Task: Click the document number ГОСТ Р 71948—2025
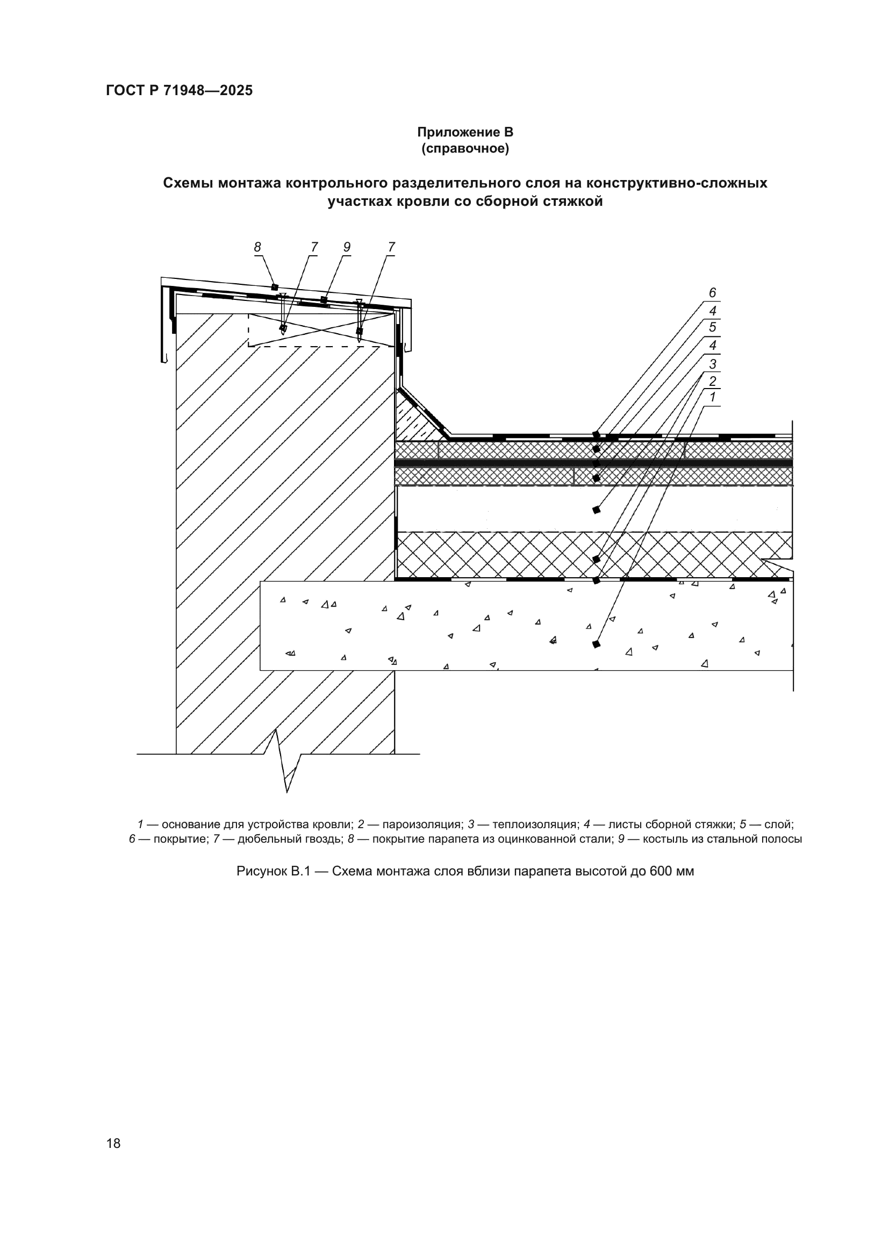coord(179,91)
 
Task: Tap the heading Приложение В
coord(465,132)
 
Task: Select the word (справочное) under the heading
coord(465,148)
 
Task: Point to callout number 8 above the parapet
coord(257,247)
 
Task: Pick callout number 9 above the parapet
coord(347,247)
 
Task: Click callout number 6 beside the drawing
coord(712,293)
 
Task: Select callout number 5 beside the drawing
coord(712,327)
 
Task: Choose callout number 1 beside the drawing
coord(712,398)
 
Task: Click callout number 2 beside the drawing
coord(712,381)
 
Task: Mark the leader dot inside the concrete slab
coord(596,644)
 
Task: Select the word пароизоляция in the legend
coord(422,824)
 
